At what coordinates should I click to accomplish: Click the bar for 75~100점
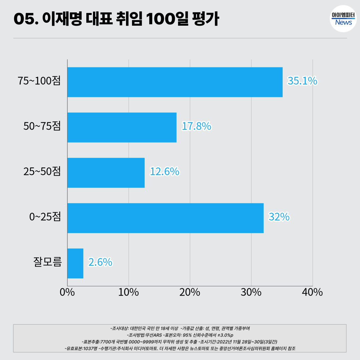point(175,82)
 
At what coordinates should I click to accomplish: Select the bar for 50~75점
point(122,127)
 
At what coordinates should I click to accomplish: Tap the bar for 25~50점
point(106,173)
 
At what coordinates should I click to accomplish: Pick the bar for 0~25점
point(165,218)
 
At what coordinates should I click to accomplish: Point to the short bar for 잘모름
point(75,263)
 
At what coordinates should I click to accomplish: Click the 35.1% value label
point(302,81)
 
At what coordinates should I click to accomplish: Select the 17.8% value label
point(196,126)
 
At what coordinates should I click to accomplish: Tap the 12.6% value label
point(165,172)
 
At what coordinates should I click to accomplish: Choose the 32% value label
point(279,217)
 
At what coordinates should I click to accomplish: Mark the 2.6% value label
point(100,262)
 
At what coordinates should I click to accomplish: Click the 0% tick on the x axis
point(67,292)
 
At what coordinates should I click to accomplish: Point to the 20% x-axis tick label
point(190,292)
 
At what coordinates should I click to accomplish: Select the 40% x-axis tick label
point(313,292)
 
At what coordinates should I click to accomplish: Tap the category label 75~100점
point(40,81)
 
